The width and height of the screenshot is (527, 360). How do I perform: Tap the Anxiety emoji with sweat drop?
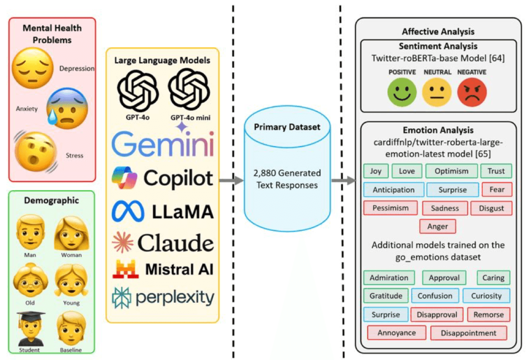pyautogui.click(x=67, y=109)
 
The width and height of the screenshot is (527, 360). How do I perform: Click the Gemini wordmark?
pyautogui.click(x=163, y=145)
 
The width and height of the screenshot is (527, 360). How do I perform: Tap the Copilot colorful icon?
pyautogui.click(x=124, y=178)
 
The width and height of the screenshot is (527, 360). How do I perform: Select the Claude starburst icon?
pyautogui.click(x=123, y=242)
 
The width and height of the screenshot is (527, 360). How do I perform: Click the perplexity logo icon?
pyautogui.click(x=122, y=297)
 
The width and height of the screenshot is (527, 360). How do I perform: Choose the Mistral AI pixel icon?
pyautogui.click(x=125, y=270)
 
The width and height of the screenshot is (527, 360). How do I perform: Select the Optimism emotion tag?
pyautogui.click(x=452, y=171)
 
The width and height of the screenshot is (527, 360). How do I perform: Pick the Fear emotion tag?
pyautogui.click(x=497, y=190)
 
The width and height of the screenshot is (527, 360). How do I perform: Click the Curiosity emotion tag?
pyautogui.click(x=486, y=296)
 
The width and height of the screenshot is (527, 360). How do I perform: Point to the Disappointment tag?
pyautogui.click(x=469, y=333)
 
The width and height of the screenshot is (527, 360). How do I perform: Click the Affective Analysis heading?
pyautogui.click(x=438, y=32)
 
